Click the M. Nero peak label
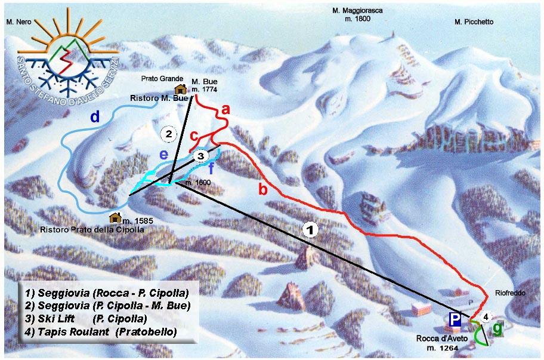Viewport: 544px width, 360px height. [x=18, y=21]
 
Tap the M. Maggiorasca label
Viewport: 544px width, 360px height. [x=357, y=11]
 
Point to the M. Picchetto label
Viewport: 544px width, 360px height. [x=474, y=22]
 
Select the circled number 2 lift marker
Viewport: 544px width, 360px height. [x=169, y=134]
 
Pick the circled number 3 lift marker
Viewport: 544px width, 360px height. [x=201, y=156]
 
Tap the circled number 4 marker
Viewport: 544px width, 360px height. [x=486, y=316]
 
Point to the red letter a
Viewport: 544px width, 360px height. [x=225, y=109]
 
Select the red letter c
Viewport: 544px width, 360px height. [x=194, y=136]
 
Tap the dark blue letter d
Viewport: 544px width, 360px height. [x=95, y=116]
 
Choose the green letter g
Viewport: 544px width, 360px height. [x=498, y=329]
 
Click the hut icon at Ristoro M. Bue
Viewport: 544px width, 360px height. [x=180, y=89]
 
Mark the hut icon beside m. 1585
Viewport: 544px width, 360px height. [x=116, y=217]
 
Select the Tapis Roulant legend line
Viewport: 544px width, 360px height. [x=101, y=331]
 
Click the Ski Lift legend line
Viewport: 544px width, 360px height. [x=95, y=318]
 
